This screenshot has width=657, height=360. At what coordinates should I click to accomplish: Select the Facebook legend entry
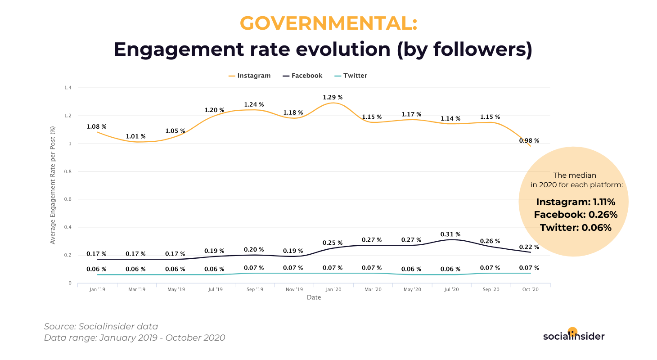pos(303,76)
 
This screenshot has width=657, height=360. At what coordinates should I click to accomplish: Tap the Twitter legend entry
pos(351,76)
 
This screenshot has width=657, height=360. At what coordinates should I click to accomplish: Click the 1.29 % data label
pos(333,97)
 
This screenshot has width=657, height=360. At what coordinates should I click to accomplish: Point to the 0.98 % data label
pos(529,140)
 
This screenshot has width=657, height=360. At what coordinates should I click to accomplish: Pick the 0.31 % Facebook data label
pos(450,234)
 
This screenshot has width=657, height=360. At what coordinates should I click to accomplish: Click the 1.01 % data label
pos(136,136)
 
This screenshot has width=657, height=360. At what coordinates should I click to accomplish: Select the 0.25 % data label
pos(333,243)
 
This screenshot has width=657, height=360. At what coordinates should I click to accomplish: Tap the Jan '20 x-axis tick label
pos(333,289)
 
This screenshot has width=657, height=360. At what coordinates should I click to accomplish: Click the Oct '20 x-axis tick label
pos(531,289)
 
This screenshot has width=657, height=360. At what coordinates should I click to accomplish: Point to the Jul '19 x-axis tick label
pos(215,289)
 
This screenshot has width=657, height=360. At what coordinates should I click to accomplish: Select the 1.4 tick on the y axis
pos(68,87)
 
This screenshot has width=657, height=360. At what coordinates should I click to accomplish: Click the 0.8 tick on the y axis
pos(68,171)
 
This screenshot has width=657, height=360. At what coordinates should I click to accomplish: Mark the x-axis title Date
pos(314,297)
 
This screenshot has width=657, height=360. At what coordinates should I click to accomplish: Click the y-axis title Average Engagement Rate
pos(53,185)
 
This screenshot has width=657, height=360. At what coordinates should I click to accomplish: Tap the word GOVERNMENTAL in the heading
pos(328,23)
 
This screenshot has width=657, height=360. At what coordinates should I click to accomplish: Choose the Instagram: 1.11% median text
pos(576,202)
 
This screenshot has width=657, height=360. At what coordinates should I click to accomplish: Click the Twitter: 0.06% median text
pos(576,228)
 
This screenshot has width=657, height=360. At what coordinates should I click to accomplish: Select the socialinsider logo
pos(574,335)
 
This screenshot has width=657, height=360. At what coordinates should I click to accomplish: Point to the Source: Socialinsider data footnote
pos(101,327)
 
